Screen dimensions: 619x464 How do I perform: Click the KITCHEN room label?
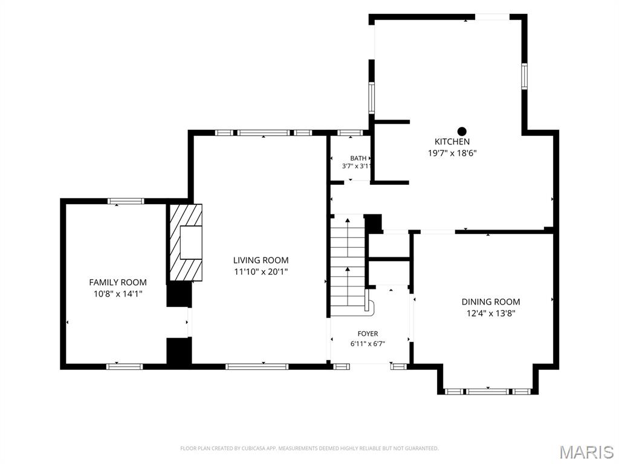pyautogui.click(x=452, y=141)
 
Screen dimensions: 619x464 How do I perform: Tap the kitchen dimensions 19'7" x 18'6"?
pyautogui.click(x=452, y=153)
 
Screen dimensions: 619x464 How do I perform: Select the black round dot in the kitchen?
pyautogui.click(x=462, y=131)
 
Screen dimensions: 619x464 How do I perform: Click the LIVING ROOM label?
pyautogui.click(x=261, y=260)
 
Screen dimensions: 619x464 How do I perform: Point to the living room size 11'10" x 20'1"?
pyautogui.click(x=261, y=272)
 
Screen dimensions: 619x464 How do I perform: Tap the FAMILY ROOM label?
pyautogui.click(x=118, y=283)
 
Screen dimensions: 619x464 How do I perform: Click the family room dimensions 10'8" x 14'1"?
pyautogui.click(x=118, y=294)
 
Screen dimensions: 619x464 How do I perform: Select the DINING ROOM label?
pyautogui.click(x=491, y=302)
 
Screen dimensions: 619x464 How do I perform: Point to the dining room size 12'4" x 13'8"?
pyautogui.click(x=491, y=314)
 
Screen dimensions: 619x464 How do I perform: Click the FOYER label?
pyautogui.click(x=368, y=333)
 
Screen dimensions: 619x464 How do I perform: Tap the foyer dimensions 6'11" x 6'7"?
pyautogui.click(x=368, y=344)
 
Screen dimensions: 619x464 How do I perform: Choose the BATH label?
pyautogui.click(x=358, y=158)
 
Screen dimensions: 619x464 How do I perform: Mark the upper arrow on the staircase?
pyautogui.click(x=348, y=237)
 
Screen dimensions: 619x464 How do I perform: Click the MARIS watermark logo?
pyautogui.click(x=586, y=452)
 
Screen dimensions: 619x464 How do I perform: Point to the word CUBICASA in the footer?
pyautogui.click(x=256, y=449)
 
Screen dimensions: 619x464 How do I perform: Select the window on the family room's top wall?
pyautogui.click(x=126, y=201)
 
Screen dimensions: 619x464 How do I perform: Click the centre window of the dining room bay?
pyautogui.click(x=488, y=391)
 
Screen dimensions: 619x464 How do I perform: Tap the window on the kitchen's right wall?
pyautogui.click(x=524, y=76)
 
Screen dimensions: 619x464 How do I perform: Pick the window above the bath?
pyautogui.click(x=351, y=133)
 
